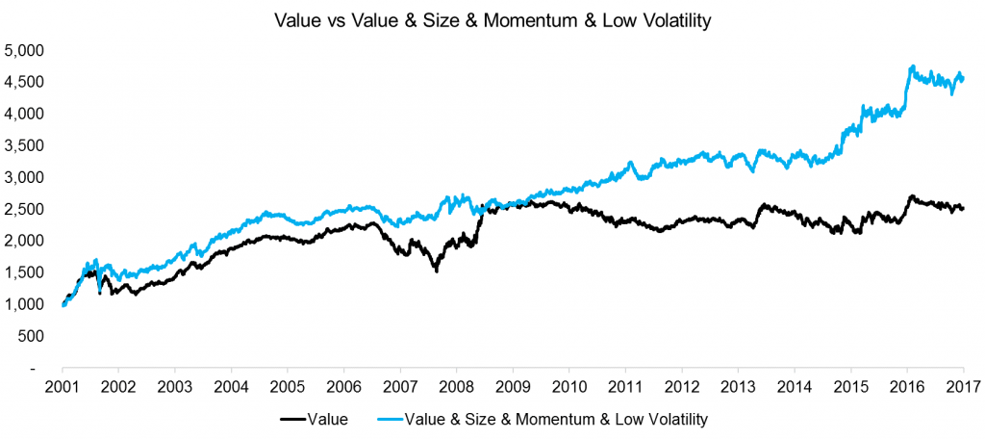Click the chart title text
(492, 20)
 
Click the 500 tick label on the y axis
(34, 336)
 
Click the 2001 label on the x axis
(63, 386)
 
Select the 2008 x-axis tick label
(456, 386)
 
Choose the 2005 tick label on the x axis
(287, 386)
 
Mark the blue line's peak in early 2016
(912, 66)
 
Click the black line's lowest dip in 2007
(437, 271)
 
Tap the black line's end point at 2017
(963, 209)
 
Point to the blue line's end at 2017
(963, 79)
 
